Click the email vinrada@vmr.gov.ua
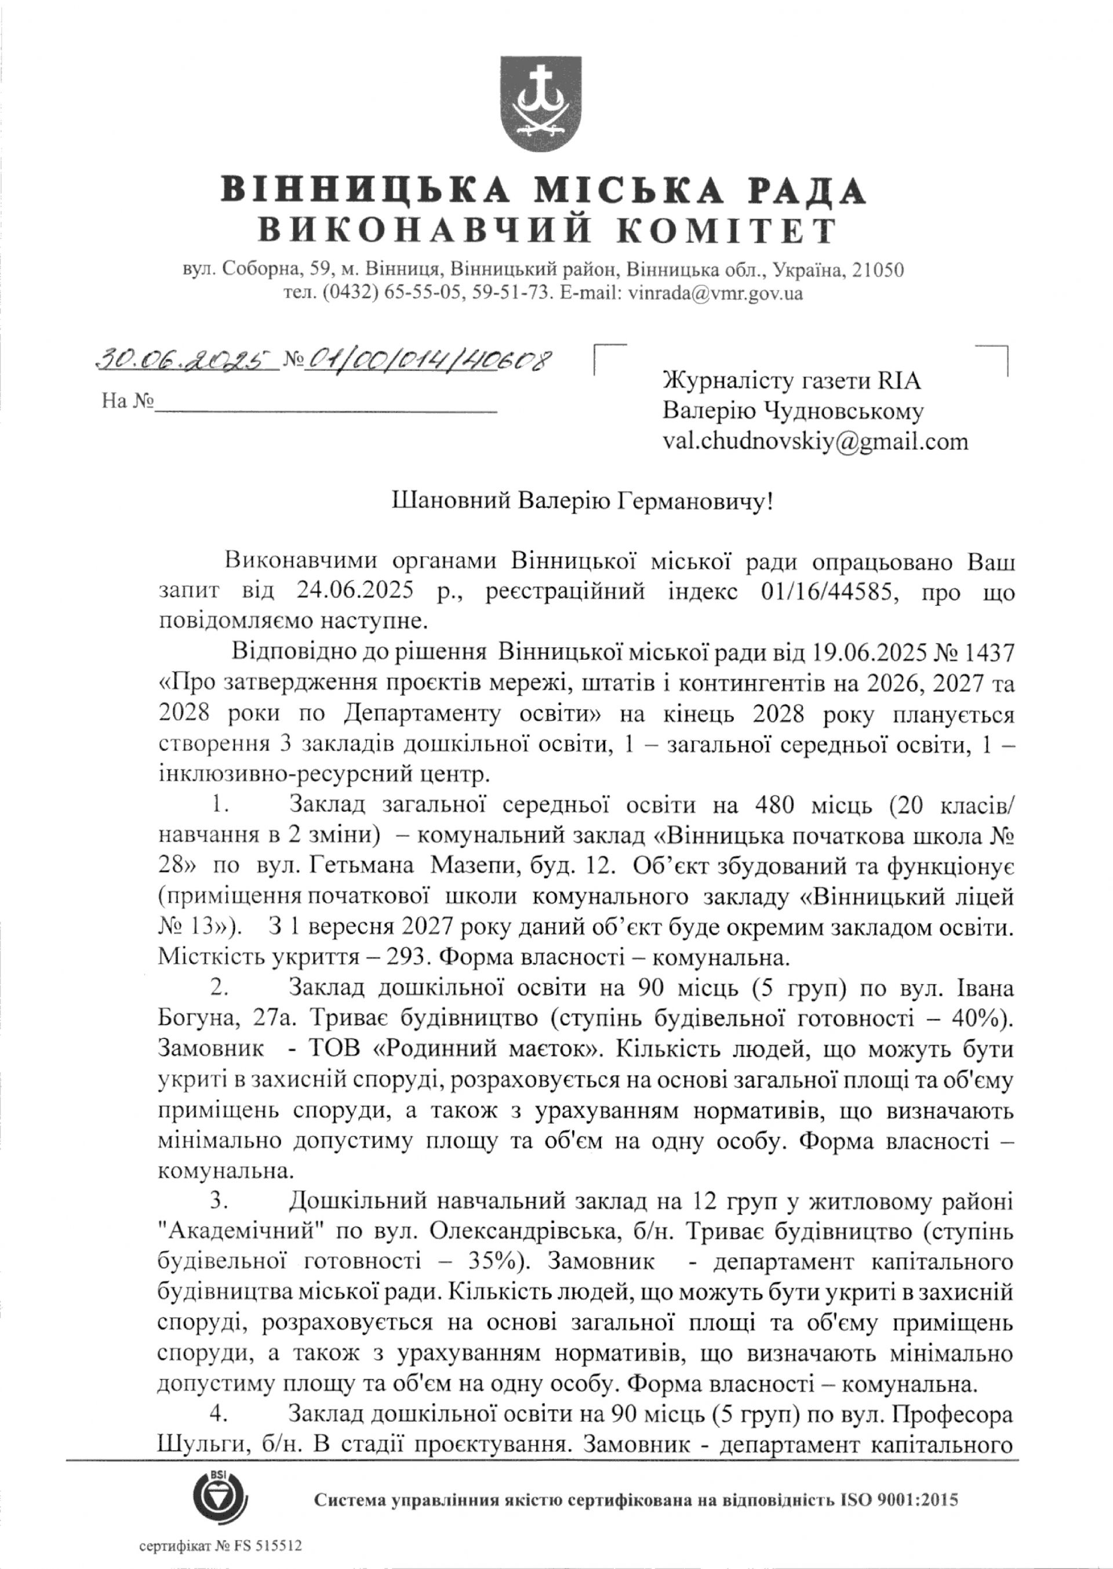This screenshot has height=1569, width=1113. (715, 295)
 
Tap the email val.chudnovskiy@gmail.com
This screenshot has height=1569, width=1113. (816, 441)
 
